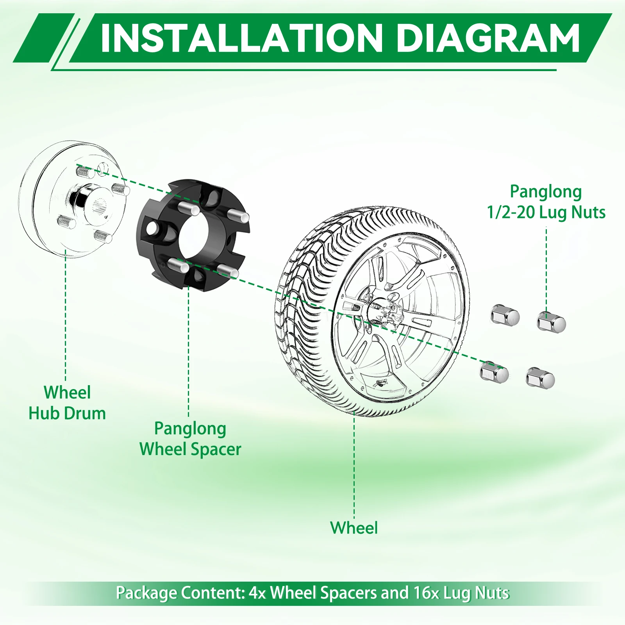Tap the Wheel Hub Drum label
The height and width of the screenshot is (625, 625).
[67, 403]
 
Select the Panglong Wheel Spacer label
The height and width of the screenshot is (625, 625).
[190, 439]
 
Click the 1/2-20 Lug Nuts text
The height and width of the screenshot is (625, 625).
[546, 212]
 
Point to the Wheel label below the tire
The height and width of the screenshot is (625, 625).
[354, 528]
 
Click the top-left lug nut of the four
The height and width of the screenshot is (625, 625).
[505, 315]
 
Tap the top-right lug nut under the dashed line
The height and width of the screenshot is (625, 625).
[551, 322]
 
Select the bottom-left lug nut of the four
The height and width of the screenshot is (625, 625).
[494, 371]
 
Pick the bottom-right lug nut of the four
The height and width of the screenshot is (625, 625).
[540, 378]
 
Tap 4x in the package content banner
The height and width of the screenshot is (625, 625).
[257, 593]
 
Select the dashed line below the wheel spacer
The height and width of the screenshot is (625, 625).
[188, 352]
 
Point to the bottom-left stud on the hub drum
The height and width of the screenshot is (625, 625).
[66, 221]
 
